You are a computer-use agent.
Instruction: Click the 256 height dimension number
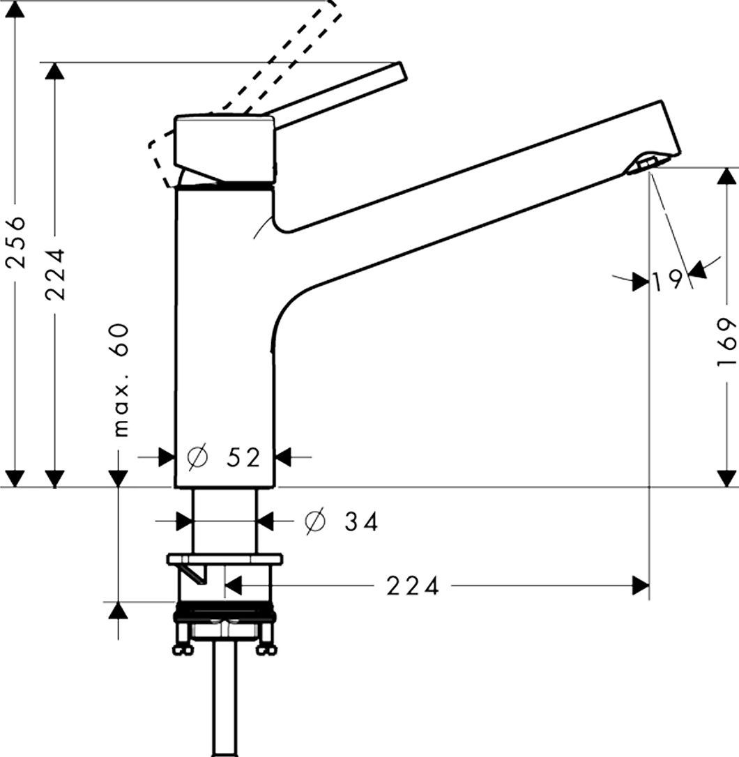(16, 242)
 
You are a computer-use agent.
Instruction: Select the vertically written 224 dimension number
(56, 273)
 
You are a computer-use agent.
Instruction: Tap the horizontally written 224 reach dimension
(413, 586)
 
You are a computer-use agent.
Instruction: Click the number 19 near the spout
(668, 280)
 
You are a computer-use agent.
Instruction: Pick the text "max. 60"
(121, 379)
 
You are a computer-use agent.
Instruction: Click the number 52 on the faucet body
(243, 457)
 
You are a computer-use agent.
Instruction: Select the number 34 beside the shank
(361, 521)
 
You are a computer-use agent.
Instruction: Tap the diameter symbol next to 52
(198, 457)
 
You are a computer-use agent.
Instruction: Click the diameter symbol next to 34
(316, 521)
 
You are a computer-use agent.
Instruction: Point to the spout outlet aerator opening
(642, 165)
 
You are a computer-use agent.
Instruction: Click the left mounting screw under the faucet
(183, 642)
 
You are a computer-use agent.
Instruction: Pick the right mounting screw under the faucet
(266, 642)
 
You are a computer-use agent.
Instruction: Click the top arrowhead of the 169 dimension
(726, 176)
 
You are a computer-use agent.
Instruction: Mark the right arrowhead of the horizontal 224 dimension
(640, 586)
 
